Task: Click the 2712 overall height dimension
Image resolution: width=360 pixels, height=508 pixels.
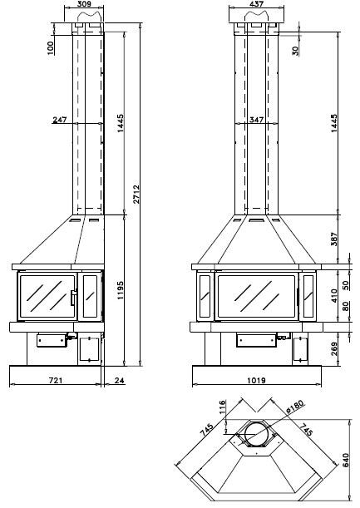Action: click(x=136, y=194)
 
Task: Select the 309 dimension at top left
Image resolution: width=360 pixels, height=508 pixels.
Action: click(x=84, y=4)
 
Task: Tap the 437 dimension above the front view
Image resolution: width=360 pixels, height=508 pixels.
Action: click(x=257, y=4)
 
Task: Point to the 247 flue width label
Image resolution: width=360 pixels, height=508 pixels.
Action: click(x=60, y=120)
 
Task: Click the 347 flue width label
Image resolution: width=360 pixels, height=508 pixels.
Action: click(x=256, y=120)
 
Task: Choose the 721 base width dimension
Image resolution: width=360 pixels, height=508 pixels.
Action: click(x=56, y=380)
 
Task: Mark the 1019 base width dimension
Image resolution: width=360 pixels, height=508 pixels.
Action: click(x=256, y=380)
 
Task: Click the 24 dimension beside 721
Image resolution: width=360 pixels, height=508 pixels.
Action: click(x=119, y=380)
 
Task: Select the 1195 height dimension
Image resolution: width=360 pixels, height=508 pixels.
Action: click(x=121, y=290)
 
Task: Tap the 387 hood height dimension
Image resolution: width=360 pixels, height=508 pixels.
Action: click(x=334, y=239)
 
